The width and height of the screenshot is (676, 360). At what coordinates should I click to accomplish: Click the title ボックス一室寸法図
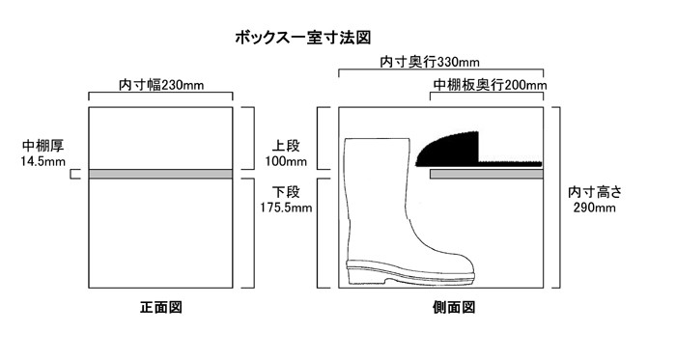[x=302, y=39]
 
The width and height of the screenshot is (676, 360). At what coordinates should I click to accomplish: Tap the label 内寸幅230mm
[x=161, y=85]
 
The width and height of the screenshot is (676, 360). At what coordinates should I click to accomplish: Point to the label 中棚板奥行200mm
[x=490, y=86]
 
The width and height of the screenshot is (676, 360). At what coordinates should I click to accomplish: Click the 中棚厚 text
[x=42, y=147]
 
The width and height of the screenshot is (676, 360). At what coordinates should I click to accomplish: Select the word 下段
[x=287, y=191]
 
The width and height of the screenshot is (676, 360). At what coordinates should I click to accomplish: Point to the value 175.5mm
[x=287, y=207]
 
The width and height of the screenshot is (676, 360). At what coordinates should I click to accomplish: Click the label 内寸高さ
[x=595, y=192]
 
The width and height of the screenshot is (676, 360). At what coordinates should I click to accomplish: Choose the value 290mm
[x=595, y=208]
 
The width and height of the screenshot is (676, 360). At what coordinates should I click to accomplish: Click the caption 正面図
[x=161, y=309]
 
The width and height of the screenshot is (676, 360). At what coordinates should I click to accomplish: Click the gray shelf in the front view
[x=160, y=174]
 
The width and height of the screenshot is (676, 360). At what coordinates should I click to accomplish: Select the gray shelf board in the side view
[x=486, y=175]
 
